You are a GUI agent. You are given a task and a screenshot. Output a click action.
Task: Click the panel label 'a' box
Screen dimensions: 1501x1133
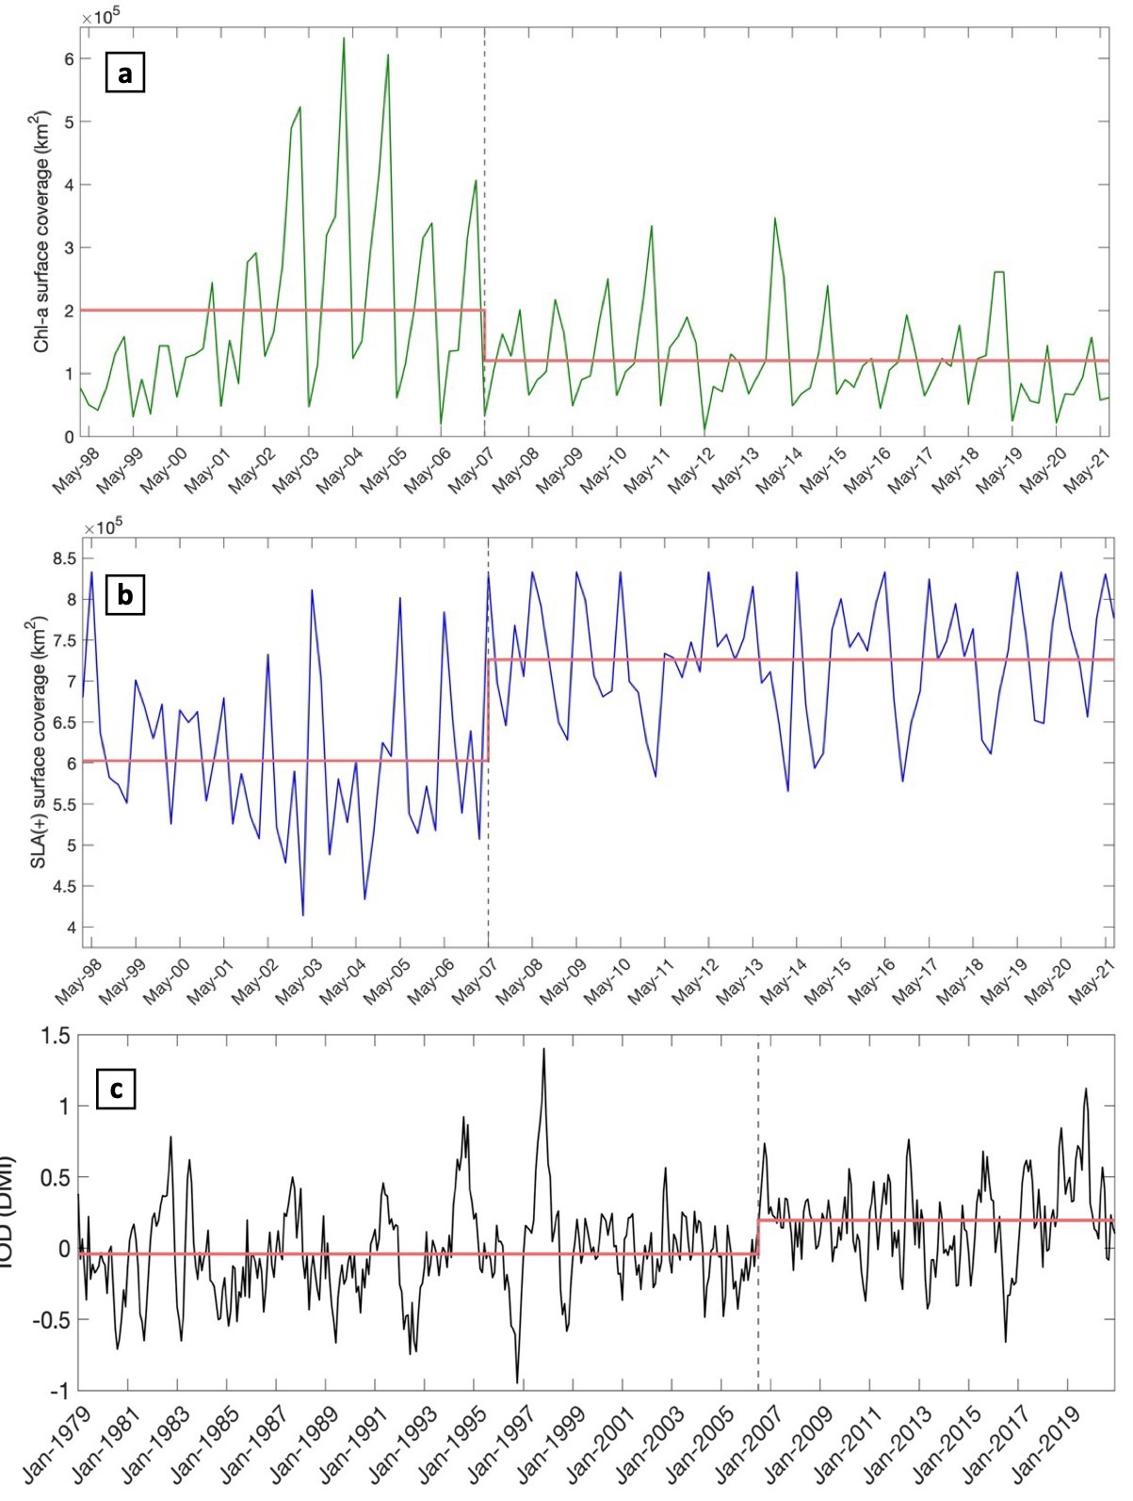point(124,73)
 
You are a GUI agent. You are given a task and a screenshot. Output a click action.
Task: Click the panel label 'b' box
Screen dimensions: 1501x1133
point(124,596)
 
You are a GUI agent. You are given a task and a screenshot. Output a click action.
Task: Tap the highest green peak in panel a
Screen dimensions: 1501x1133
point(343,39)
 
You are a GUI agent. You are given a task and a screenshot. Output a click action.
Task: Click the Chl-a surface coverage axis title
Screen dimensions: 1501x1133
point(41,231)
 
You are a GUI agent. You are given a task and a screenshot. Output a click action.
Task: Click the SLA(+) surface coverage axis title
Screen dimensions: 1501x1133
point(40,742)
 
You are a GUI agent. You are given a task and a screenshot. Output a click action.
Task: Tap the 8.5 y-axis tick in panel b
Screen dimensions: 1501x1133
point(63,559)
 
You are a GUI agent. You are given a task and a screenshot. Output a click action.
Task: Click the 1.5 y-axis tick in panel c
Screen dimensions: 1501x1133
point(57,1037)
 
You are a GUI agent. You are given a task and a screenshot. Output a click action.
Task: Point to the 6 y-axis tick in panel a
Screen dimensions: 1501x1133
point(69,58)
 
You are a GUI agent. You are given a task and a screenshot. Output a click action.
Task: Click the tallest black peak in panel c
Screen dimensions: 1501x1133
point(543,1049)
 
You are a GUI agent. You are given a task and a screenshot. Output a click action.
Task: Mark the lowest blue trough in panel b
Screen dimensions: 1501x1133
point(302,914)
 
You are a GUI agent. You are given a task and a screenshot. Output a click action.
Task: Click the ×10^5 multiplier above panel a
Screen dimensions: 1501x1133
point(101,17)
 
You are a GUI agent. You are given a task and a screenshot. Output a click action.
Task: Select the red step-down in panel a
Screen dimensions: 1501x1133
point(484,335)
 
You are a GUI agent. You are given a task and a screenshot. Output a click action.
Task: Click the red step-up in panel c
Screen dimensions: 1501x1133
point(759,1237)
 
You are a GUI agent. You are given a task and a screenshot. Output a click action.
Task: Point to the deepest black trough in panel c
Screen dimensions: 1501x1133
point(517,1381)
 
